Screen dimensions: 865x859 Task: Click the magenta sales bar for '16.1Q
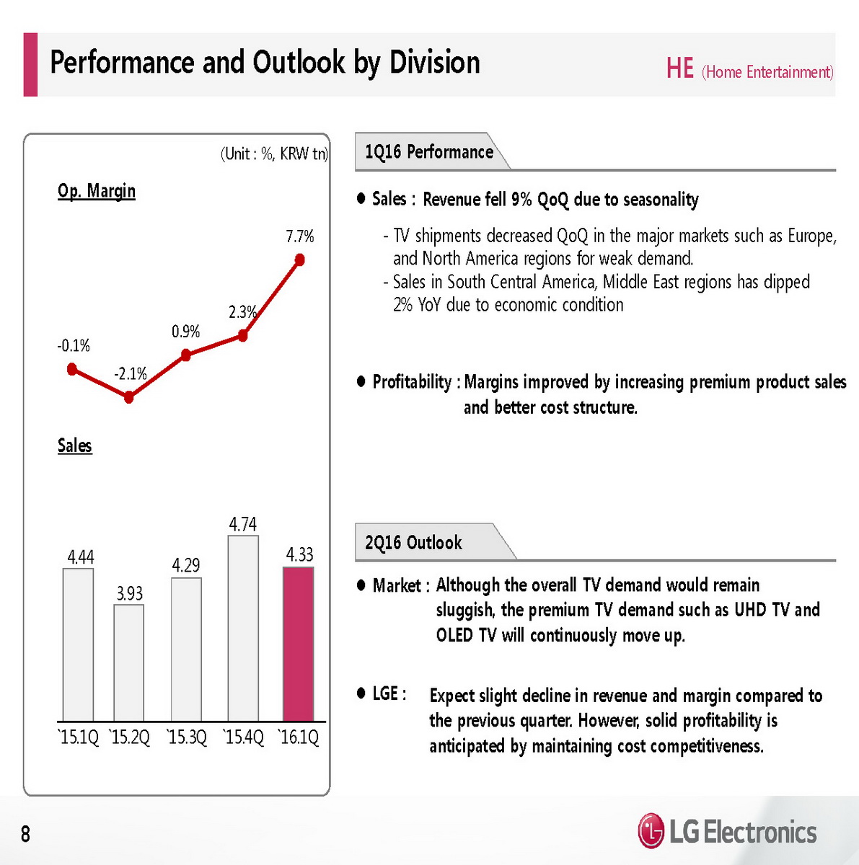click(x=298, y=644)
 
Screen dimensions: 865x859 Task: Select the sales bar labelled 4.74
click(x=243, y=628)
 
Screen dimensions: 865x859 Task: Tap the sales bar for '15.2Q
click(x=129, y=662)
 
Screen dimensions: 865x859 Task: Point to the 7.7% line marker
click(x=300, y=260)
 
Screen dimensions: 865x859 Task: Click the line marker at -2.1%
click(x=129, y=397)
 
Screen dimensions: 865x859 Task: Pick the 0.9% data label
click(x=185, y=332)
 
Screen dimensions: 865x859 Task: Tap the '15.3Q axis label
click(x=187, y=738)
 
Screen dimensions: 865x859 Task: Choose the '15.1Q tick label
click(x=78, y=738)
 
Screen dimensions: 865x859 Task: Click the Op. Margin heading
click(x=97, y=191)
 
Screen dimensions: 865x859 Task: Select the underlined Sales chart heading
click(x=75, y=445)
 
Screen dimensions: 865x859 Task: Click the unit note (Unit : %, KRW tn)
click(x=274, y=154)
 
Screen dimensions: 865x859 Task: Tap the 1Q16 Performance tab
click(x=429, y=152)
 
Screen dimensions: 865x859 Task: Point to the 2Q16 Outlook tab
click(x=413, y=543)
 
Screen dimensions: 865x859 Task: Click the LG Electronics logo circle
click(x=651, y=832)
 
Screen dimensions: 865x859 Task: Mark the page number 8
click(x=26, y=834)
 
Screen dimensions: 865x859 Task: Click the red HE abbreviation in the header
click(x=679, y=69)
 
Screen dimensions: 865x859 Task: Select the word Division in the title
click(x=435, y=63)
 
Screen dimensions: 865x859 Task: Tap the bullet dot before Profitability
click(x=361, y=381)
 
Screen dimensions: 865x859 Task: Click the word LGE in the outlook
click(x=386, y=693)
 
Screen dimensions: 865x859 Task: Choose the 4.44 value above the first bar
click(x=81, y=557)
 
